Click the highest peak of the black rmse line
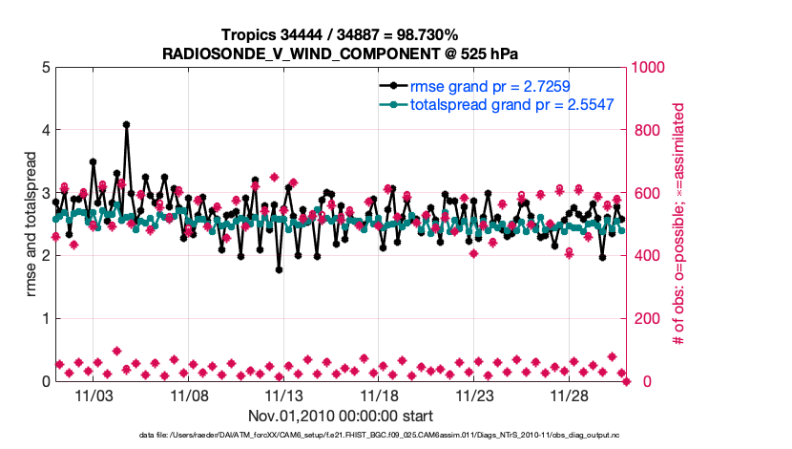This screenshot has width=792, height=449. coord(126,124)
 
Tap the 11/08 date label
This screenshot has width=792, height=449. coord(189,395)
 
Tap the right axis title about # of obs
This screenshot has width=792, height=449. coord(679,224)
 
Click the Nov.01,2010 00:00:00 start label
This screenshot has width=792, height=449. coord(341,416)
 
